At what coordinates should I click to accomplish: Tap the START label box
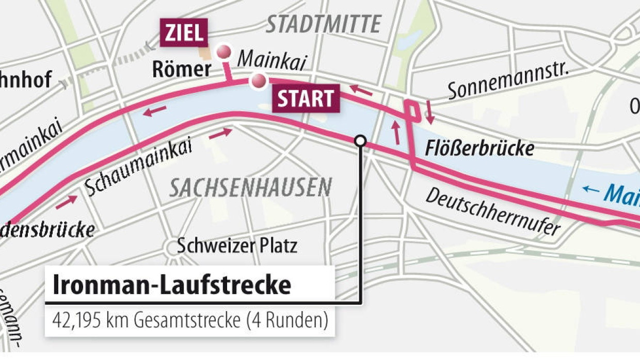click(x=306, y=99)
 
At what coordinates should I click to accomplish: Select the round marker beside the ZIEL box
click(x=223, y=52)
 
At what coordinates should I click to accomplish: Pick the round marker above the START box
click(x=258, y=80)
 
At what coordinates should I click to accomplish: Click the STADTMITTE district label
click(x=324, y=24)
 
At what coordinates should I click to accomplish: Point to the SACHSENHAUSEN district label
click(x=250, y=188)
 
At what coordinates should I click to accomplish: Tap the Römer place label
click(x=182, y=70)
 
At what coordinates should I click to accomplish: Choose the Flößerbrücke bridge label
click(x=479, y=149)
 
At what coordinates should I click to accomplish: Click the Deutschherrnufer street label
click(x=493, y=212)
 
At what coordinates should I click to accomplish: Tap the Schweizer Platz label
click(x=237, y=246)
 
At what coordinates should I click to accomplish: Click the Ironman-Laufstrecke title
click(x=172, y=285)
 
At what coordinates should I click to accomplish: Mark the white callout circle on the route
click(x=360, y=141)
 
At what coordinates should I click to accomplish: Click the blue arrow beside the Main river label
click(x=591, y=190)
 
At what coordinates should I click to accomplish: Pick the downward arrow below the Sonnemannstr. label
click(x=430, y=112)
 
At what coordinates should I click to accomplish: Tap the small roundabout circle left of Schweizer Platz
click(x=172, y=247)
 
